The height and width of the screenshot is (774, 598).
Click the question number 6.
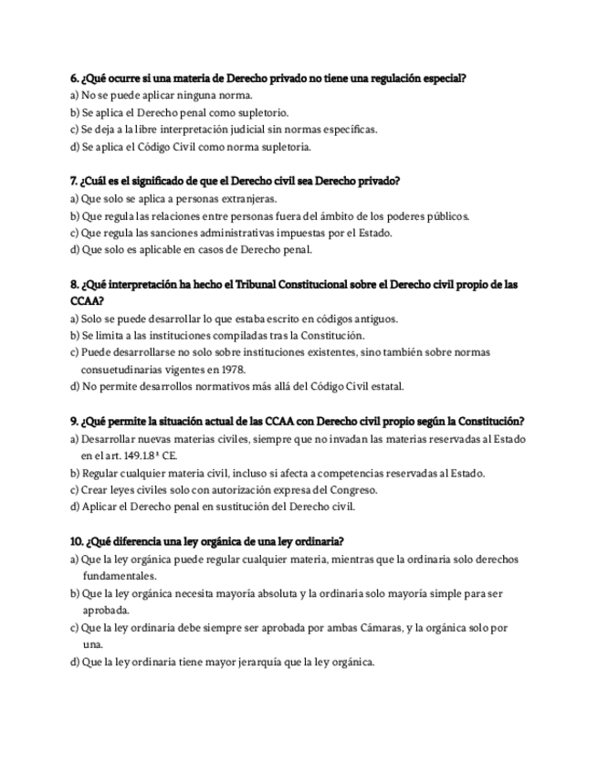pyautogui.click(x=74, y=78)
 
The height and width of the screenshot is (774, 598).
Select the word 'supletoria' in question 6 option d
pyautogui.click(x=287, y=146)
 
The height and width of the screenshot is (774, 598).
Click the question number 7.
pyautogui.click(x=74, y=181)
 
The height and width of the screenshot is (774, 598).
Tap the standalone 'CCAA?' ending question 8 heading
pyautogui.click(x=87, y=300)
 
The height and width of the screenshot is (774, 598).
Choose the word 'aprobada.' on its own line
pyautogui.click(x=106, y=610)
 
